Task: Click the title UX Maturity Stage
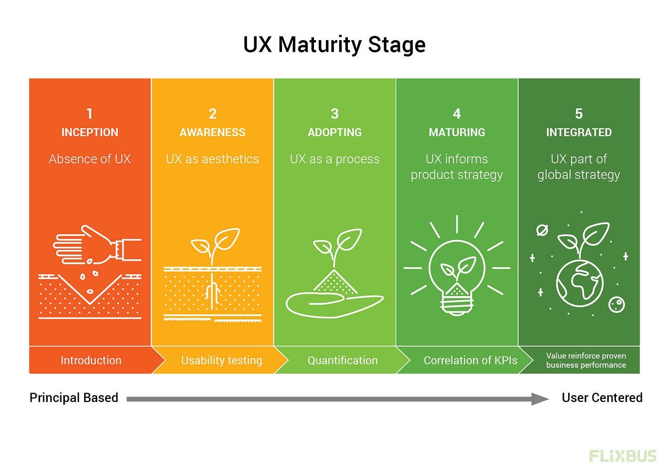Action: pyautogui.click(x=334, y=45)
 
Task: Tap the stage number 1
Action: pyautogui.click(x=89, y=114)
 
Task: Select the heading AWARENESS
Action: pyautogui.click(x=212, y=132)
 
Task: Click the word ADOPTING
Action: pyautogui.click(x=334, y=132)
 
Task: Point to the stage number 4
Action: pyautogui.click(x=457, y=114)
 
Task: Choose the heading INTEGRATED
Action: pyautogui.click(x=579, y=132)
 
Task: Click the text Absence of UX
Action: pyautogui.click(x=90, y=159)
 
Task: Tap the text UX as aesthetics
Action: pyautogui.click(x=212, y=159)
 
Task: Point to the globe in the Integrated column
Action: pyautogui.click(x=579, y=283)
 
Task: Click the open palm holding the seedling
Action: pyautogui.click(x=334, y=305)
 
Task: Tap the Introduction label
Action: pyautogui.click(x=91, y=360)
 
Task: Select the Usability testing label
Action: pyautogui.click(x=222, y=361)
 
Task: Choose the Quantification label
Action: pyautogui.click(x=343, y=360)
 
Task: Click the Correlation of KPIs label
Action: pyautogui.click(x=470, y=360)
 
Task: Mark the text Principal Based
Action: pyautogui.click(x=74, y=398)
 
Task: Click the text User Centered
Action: pyautogui.click(x=602, y=398)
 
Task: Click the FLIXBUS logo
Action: pyautogui.click(x=623, y=456)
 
